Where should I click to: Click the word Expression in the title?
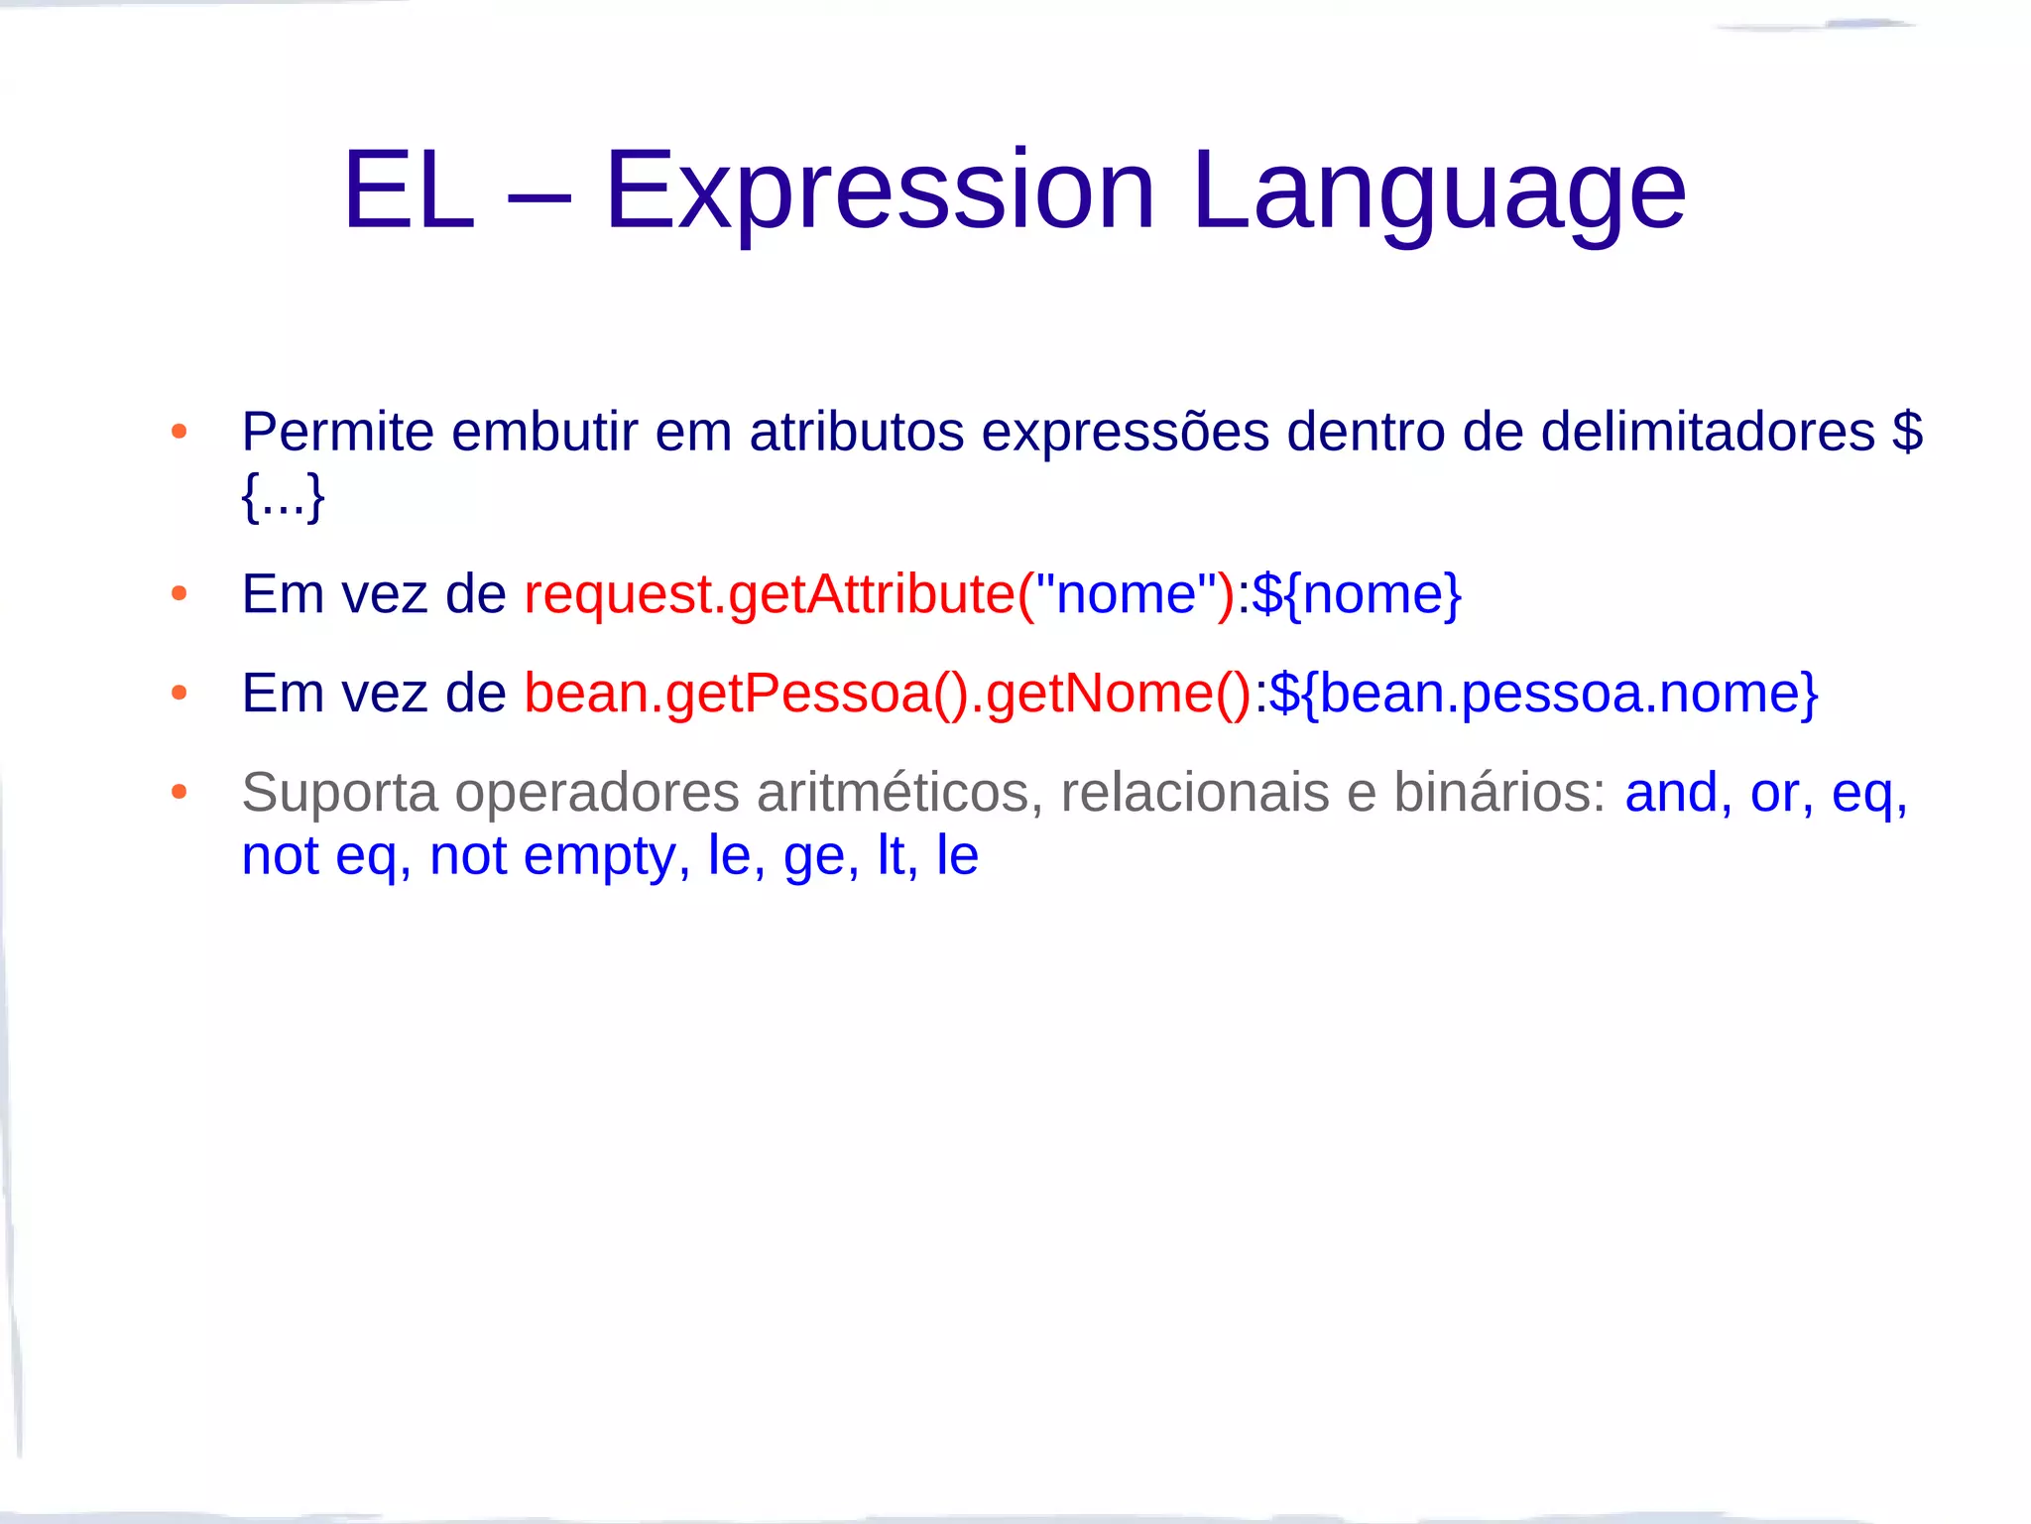pyautogui.click(x=880, y=190)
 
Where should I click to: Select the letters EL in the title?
pyautogui.click(x=408, y=190)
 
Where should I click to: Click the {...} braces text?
pyautogui.click(x=283, y=496)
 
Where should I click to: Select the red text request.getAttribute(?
pyautogui.click(x=779, y=594)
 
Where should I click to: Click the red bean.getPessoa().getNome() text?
pyautogui.click(x=888, y=693)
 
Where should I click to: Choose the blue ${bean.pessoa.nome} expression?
pyautogui.click(x=1543, y=693)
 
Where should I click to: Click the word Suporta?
pyautogui.click(x=339, y=793)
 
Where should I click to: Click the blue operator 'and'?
pyautogui.click(x=1671, y=793)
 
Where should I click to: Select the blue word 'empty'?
pyautogui.click(x=599, y=856)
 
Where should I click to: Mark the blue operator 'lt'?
pyautogui.click(x=891, y=856)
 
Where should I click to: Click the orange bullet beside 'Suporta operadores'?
pyautogui.click(x=179, y=792)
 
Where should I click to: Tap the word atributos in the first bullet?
pyautogui.click(x=856, y=433)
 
